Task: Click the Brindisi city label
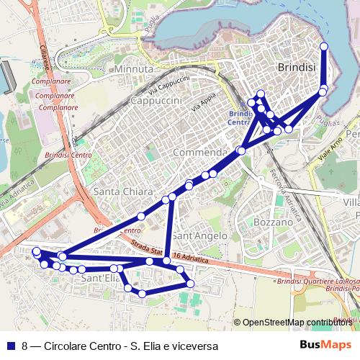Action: pos(296,66)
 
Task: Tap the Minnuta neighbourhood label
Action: pos(133,68)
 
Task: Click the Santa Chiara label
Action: pos(123,192)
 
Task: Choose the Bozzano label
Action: pos(274,222)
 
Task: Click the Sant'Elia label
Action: pos(100,277)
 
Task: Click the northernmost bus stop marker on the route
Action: pos(323,46)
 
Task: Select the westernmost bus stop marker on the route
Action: pos(37,251)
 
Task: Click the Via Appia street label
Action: pos(204,105)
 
